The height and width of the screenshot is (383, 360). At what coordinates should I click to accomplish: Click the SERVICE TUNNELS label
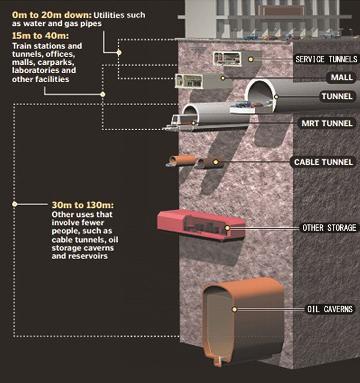click(x=326, y=59)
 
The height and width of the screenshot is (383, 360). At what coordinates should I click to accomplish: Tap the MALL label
click(x=341, y=77)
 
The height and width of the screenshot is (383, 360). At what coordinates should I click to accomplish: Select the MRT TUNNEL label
click(x=327, y=123)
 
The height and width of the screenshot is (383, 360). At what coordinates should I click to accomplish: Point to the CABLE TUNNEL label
click(x=323, y=162)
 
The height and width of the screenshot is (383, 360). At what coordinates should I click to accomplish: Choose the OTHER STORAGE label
click(x=329, y=228)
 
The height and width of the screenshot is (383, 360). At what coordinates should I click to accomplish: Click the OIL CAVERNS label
click(x=330, y=309)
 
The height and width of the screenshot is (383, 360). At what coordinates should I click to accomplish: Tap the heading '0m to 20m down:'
click(x=52, y=15)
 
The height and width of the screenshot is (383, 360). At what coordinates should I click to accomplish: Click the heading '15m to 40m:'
click(x=40, y=35)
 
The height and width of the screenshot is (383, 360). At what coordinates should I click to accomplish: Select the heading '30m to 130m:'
click(x=83, y=205)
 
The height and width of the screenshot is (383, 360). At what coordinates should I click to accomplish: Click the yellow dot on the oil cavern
click(x=235, y=309)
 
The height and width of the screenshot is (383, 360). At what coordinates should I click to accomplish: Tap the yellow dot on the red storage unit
click(x=227, y=228)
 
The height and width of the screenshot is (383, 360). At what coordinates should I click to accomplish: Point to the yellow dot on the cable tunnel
click(x=215, y=162)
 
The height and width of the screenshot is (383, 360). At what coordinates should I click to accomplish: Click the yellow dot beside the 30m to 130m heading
click(x=14, y=204)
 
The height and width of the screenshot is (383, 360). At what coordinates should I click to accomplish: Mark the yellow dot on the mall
click(x=223, y=78)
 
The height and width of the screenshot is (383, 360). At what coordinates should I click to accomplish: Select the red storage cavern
click(x=201, y=225)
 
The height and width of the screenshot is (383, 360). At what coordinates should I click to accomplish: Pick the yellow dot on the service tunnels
click(x=250, y=59)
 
